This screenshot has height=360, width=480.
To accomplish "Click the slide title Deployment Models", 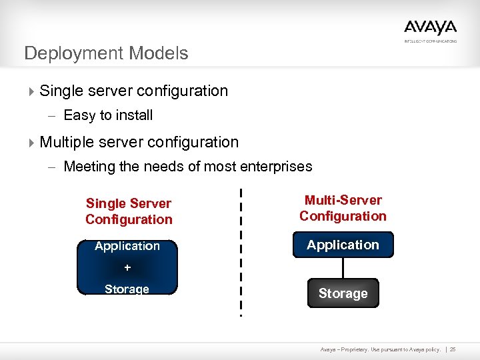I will click(106, 53).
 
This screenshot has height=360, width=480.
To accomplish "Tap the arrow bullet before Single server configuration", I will click(31, 91).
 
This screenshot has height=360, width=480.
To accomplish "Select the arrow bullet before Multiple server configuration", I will click(31, 142).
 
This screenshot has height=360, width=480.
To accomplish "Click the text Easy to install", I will click(108, 115).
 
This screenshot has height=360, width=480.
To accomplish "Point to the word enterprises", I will click(278, 167).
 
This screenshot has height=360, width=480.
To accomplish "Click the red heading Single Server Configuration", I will click(129, 211).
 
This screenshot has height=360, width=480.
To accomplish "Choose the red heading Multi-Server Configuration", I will click(343, 208).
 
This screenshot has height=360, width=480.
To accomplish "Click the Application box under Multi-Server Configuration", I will click(343, 245).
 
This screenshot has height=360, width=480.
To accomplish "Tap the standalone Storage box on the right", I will click(343, 293).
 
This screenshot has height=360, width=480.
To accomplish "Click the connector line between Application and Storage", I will click(343, 269).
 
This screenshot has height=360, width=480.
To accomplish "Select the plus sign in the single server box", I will click(127, 267).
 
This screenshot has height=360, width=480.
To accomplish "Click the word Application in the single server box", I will click(127, 246).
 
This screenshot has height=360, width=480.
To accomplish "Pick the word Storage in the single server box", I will click(127, 289).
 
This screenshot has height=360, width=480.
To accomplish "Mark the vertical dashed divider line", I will click(241, 253).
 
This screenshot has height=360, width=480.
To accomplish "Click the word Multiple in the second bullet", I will click(67, 142).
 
